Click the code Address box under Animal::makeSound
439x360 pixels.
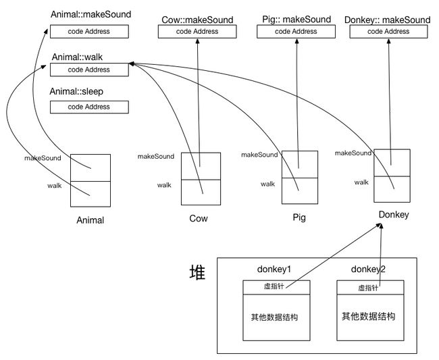(89, 31)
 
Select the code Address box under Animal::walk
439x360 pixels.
(89, 70)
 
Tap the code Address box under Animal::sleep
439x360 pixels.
(89, 107)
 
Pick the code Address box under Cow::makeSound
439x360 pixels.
(197, 31)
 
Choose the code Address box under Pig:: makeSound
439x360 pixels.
(296, 31)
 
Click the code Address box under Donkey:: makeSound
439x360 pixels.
(388, 31)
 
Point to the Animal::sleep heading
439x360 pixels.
(76, 92)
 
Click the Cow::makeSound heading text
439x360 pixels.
(197, 20)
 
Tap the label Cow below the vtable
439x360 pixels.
(199, 218)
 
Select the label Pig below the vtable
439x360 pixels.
(299, 217)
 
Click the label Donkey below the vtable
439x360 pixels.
(394, 215)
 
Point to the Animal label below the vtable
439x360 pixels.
(90, 220)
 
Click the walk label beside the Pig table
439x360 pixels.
(268, 184)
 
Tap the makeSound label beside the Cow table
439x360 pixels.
(156, 156)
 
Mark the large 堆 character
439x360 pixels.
(198, 272)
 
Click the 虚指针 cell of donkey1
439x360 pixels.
(276, 287)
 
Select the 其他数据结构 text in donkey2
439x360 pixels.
(369, 316)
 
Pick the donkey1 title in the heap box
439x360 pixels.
(274, 269)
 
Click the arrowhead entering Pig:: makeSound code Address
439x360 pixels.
(297, 41)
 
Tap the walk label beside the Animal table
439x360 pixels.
(55, 186)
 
